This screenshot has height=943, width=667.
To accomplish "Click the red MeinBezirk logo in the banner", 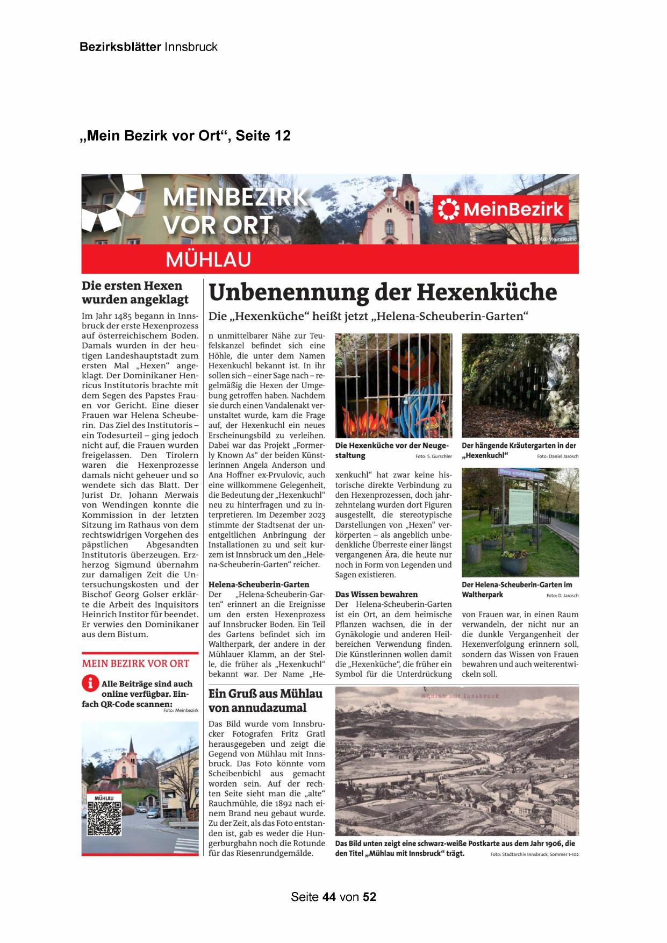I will click(502, 209).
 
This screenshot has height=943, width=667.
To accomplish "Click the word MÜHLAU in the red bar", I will click(209, 260).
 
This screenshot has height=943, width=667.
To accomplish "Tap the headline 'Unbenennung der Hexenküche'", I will click(382, 292).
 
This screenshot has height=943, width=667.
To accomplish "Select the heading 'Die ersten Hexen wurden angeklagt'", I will click(135, 292).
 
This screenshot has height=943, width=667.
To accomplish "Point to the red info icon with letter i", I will click(90, 683).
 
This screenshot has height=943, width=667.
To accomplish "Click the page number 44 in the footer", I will click(329, 897).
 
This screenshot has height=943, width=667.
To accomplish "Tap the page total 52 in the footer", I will click(370, 897).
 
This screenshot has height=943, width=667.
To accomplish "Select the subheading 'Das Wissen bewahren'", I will click(376, 595).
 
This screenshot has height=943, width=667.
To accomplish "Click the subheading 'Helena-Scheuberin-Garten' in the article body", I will click(259, 584).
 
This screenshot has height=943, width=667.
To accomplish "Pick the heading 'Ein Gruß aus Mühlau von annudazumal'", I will click(266, 701).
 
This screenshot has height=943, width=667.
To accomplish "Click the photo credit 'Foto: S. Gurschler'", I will click(433, 456).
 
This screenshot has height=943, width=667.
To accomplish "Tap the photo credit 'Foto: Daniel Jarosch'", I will click(557, 456).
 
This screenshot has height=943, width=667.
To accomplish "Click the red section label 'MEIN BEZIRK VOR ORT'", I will click(135, 663).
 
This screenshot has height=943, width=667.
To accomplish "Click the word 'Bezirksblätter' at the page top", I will click(120, 47).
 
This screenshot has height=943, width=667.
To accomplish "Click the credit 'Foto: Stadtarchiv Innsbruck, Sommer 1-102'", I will click(534, 854).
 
